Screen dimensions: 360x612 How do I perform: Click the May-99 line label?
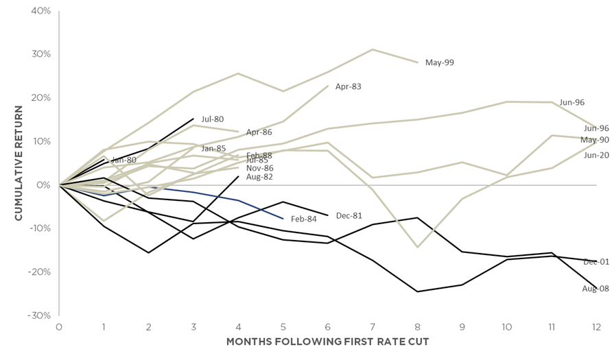[439, 62]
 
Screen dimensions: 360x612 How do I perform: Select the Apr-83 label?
[348, 87]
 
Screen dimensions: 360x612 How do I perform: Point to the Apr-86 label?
[259, 132]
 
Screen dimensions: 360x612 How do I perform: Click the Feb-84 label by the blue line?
[304, 219]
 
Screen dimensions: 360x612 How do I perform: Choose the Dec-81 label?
[349, 215]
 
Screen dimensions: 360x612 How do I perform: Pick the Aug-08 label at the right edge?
[595, 289]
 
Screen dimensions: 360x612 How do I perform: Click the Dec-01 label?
[596, 262]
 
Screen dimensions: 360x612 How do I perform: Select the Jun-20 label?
[596, 155]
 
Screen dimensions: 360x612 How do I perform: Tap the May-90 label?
[594, 140]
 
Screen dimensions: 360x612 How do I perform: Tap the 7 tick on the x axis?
[373, 326]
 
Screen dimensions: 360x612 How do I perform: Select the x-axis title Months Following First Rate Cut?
[327, 341]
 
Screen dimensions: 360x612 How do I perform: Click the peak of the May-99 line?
[373, 49]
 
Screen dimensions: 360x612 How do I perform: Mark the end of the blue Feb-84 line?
[283, 219]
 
